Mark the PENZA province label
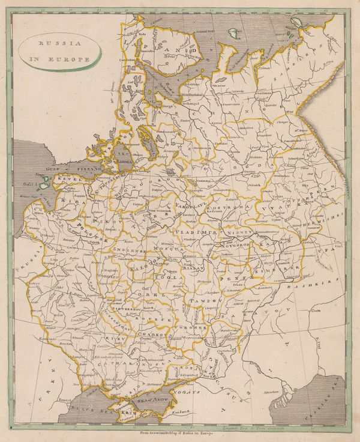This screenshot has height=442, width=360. tap(231, 279)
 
